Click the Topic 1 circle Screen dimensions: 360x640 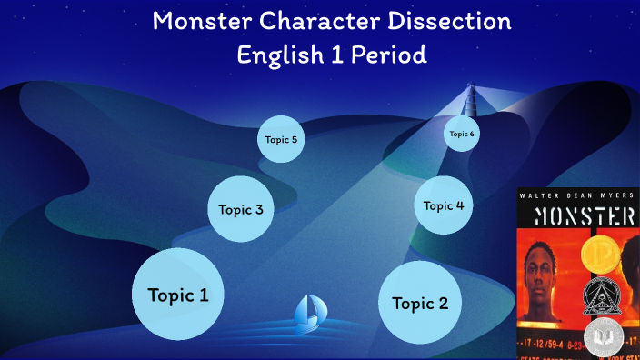178,295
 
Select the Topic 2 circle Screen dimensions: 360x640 420,303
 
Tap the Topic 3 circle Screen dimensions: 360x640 241,209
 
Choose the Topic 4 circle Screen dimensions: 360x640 444,205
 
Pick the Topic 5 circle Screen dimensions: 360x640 281,140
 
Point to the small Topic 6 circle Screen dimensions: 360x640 461,134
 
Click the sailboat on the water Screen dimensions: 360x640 307,315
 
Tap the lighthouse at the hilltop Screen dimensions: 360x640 471,98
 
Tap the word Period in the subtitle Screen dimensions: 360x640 389,55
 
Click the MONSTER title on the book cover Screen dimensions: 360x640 578,215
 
